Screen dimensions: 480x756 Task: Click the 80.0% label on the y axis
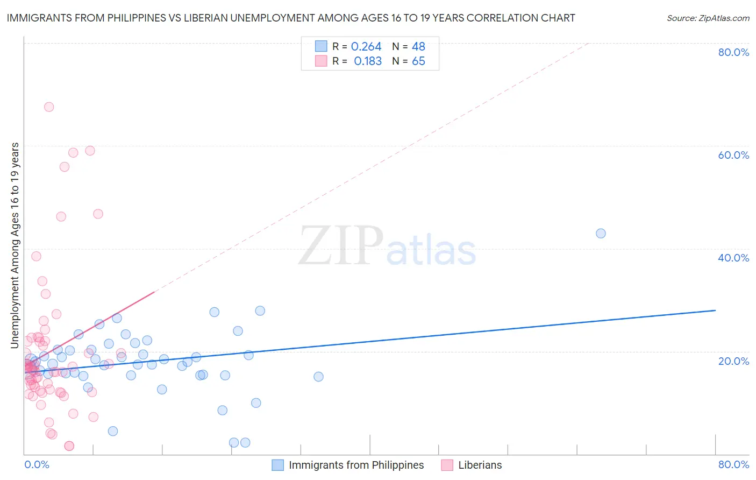pyautogui.click(x=733, y=52)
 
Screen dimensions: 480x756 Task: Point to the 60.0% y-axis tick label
pyautogui.click(x=733, y=155)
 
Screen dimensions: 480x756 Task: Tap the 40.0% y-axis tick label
pyautogui.click(x=733, y=258)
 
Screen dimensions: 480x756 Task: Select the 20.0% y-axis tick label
pyautogui.click(x=733, y=361)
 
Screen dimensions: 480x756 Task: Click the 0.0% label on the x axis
pyautogui.click(x=37, y=464)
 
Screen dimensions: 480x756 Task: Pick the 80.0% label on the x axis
pyautogui.click(x=733, y=464)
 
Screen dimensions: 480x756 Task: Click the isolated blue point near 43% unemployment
pyautogui.click(x=601, y=234)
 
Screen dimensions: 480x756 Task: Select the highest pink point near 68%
pyautogui.click(x=49, y=107)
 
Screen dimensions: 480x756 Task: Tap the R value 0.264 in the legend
pyautogui.click(x=366, y=47)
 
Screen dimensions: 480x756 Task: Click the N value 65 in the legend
pyautogui.click(x=418, y=61)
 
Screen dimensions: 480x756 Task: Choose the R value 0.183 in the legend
pyautogui.click(x=368, y=61)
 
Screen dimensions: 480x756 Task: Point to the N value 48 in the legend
pyautogui.click(x=418, y=47)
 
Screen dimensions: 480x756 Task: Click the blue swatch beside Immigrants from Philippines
pyautogui.click(x=278, y=465)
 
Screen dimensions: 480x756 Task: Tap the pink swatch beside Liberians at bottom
pyautogui.click(x=447, y=465)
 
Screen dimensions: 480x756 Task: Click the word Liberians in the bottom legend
pyautogui.click(x=480, y=465)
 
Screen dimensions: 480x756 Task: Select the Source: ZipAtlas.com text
pyautogui.click(x=708, y=18)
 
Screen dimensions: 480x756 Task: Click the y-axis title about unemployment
pyautogui.click(x=15, y=245)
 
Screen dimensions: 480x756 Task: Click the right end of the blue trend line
pyautogui.click(x=715, y=310)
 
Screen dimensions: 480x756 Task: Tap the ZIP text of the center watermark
pyautogui.click(x=341, y=246)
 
